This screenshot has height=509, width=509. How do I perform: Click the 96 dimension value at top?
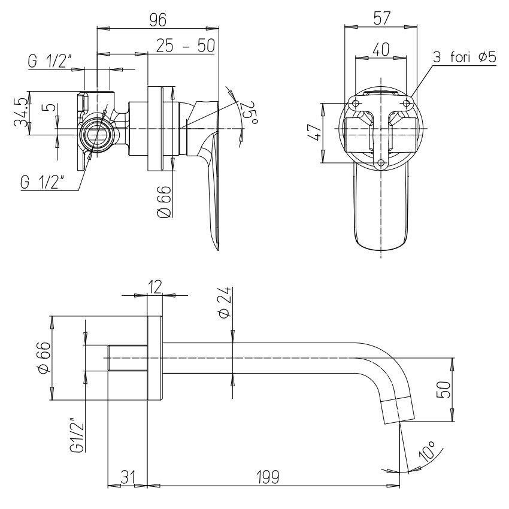pos(157,20)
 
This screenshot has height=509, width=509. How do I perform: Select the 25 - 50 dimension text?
pos(186,45)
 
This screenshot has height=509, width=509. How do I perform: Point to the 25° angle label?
pos(250,113)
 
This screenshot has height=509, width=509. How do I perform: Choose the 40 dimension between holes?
pos(381,49)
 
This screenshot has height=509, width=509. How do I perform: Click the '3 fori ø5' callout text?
pos(465,57)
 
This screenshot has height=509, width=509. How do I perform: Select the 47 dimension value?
pos(314,132)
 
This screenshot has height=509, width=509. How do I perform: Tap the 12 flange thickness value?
pos(155,287)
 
